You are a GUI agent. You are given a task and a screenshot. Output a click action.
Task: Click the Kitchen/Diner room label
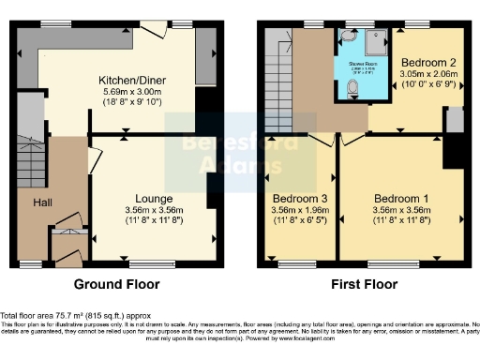coord(127,81)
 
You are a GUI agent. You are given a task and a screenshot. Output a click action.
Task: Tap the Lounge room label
coord(154,199)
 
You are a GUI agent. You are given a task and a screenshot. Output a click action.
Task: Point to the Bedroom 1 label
coord(401,199)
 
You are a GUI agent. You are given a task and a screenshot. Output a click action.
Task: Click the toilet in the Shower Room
coord(352,88)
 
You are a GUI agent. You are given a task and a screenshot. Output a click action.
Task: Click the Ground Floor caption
coord(118,284)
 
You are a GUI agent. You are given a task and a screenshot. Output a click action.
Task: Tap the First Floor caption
coord(361,284)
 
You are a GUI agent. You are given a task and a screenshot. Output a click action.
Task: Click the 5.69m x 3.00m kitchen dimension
coord(127,93)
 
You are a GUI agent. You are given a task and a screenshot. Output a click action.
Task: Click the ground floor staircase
coord(29,159)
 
